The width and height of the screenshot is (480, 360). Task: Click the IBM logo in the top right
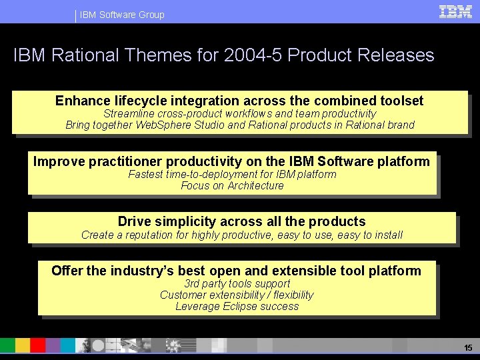(455, 11)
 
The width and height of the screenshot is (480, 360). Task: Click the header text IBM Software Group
(122, 15)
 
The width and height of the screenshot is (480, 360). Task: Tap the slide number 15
(467, 348)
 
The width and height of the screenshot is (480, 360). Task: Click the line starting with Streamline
(239, 113)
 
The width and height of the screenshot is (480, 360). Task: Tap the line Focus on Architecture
(232, 185)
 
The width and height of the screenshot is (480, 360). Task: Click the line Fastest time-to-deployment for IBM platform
(232, 174)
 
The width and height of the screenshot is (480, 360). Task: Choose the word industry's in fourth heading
(141, 270)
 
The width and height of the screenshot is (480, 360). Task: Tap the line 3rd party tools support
(237, 283)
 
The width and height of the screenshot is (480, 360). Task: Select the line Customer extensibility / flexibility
(237, 295)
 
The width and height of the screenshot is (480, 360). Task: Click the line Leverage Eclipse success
(237, 306)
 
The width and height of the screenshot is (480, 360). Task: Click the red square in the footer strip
(38, 345)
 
